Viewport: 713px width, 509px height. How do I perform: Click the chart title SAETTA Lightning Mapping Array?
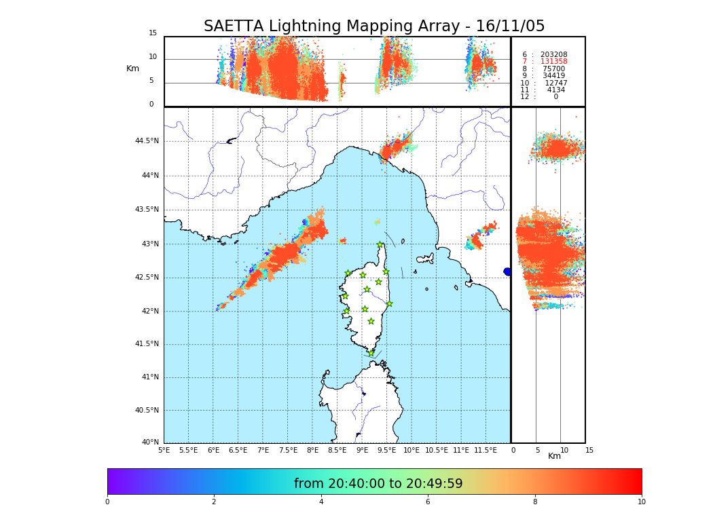tap(374, 26)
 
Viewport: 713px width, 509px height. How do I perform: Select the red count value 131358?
tap(553, 62)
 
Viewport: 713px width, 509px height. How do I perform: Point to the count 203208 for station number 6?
tap(553, 55)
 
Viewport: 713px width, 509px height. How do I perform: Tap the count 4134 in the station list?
tap(555, 90)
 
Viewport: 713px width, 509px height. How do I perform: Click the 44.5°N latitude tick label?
tap(147, 141)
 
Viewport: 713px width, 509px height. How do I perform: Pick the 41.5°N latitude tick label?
tap(147, 344)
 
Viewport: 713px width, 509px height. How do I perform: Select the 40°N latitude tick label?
tap(150, 442)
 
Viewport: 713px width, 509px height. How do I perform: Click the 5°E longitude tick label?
tap(164, 450)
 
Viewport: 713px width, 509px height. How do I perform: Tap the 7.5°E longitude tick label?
tap(288, 450)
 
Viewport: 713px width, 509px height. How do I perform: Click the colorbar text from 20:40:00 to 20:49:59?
tap(378, 484)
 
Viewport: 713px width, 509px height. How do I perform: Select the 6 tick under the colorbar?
tap(428, 502)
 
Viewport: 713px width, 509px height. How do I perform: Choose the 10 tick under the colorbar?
tap(641, 502)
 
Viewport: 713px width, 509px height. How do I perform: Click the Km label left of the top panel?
tap(132, 69)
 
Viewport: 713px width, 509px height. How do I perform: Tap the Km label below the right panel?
tap(554, 457)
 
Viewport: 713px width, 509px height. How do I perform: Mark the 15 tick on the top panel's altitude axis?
tap(153, 33)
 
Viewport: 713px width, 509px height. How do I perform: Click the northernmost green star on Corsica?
tap(380, 245)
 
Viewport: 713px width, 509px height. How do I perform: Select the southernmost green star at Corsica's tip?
tap(371, 353)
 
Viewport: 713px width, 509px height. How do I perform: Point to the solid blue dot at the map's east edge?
tap(507, 271)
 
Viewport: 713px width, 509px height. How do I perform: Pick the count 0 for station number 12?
tap(555, 97)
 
